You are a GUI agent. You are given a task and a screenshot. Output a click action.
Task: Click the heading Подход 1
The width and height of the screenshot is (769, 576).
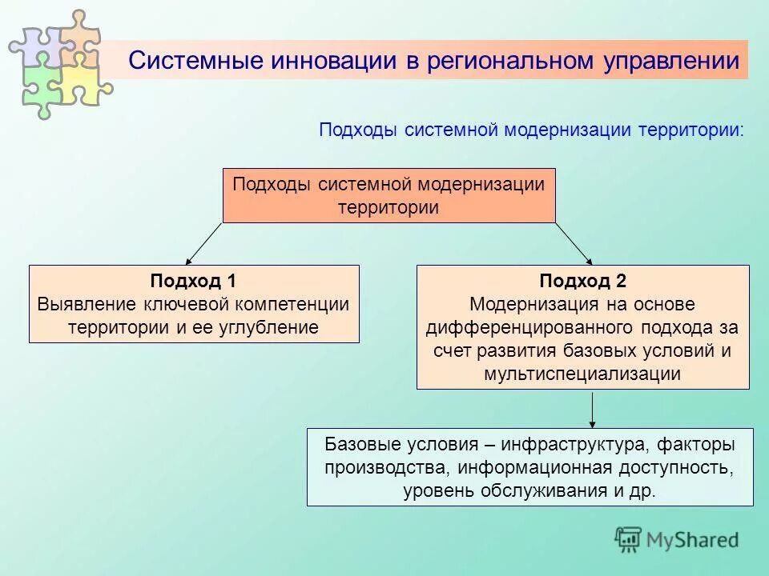[193, 281]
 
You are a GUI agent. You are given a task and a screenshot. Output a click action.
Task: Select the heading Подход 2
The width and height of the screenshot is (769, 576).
[582, 281]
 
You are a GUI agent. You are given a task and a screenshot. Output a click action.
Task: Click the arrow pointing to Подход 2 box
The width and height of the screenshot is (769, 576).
[574, 243]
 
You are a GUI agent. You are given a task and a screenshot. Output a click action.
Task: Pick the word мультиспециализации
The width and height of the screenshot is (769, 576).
[582, 374]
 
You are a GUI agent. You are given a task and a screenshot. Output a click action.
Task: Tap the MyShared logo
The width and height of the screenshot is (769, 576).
[676, 540]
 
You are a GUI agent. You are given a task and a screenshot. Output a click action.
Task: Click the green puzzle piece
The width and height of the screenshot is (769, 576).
[38, 88]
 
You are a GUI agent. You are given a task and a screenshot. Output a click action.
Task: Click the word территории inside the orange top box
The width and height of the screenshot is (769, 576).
[389, 207]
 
